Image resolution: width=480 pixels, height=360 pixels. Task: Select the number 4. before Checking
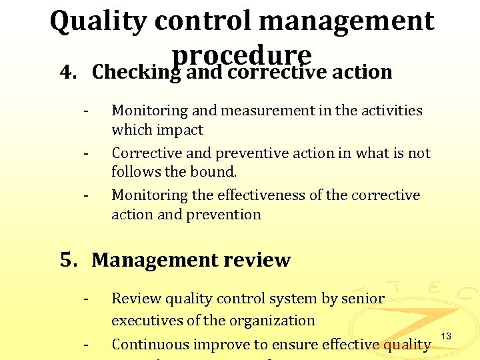tap(67, 71)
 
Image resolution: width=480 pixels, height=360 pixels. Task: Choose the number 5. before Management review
tap(69, 259)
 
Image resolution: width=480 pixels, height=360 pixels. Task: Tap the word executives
tap(149, 320)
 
